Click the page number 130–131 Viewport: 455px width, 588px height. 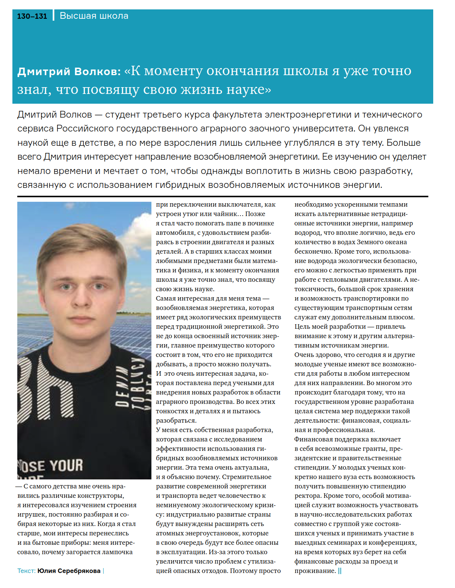tap(32, 16)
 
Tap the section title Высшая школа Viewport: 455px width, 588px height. tap(94, 16)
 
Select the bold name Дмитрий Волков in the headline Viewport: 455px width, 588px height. tap(69, 71)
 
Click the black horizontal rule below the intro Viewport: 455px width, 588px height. tap(222, 196)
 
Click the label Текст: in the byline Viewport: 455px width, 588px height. tap(26, 571)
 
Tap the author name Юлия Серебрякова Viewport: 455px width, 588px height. tap(69, 571)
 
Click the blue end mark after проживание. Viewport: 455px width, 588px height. tap(340, 571)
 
